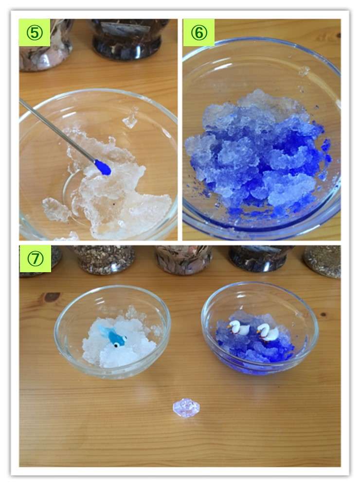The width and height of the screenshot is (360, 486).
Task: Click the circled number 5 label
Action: (35, 33)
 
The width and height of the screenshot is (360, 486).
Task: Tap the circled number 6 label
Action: (199, 33)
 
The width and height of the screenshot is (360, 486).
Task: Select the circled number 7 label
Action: (35, 259)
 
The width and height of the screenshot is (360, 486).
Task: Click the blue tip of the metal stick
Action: (103, 167)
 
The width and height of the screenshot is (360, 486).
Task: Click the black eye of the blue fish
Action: (116, 345)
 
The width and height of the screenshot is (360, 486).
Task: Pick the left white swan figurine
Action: (239, 328)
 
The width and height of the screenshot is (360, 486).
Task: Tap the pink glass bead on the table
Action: (186, 408)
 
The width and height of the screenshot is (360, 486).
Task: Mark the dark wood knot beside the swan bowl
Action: (323, 314)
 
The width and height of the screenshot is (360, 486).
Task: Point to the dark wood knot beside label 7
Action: (52, 297)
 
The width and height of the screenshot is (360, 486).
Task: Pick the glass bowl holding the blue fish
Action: (112, 331)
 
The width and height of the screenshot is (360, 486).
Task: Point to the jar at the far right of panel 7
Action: (323, 261)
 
